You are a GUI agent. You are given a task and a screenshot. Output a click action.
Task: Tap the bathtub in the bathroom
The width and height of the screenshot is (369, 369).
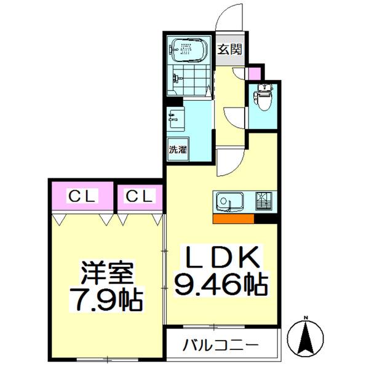pyautogui.click(x=190, y=50)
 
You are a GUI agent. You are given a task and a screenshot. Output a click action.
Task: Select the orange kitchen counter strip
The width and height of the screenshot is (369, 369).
pyautogui.click(x=234, y=218)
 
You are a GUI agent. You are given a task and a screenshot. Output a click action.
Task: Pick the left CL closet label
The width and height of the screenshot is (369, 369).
pyautogui.click(x=82, y=197)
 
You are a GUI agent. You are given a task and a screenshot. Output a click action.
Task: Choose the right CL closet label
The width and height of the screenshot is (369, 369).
pyautogui.click(x=141, y=197)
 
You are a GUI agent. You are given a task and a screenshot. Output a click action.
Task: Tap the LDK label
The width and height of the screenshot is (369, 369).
pyautogui.click(x=223, y=258)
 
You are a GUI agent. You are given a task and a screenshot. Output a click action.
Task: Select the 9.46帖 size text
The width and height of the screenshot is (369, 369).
pyautogui.click(x=223, y=284)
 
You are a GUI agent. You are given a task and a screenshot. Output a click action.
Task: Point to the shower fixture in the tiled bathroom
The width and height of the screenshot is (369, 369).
pyautogui.click(x=178, y=78)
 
